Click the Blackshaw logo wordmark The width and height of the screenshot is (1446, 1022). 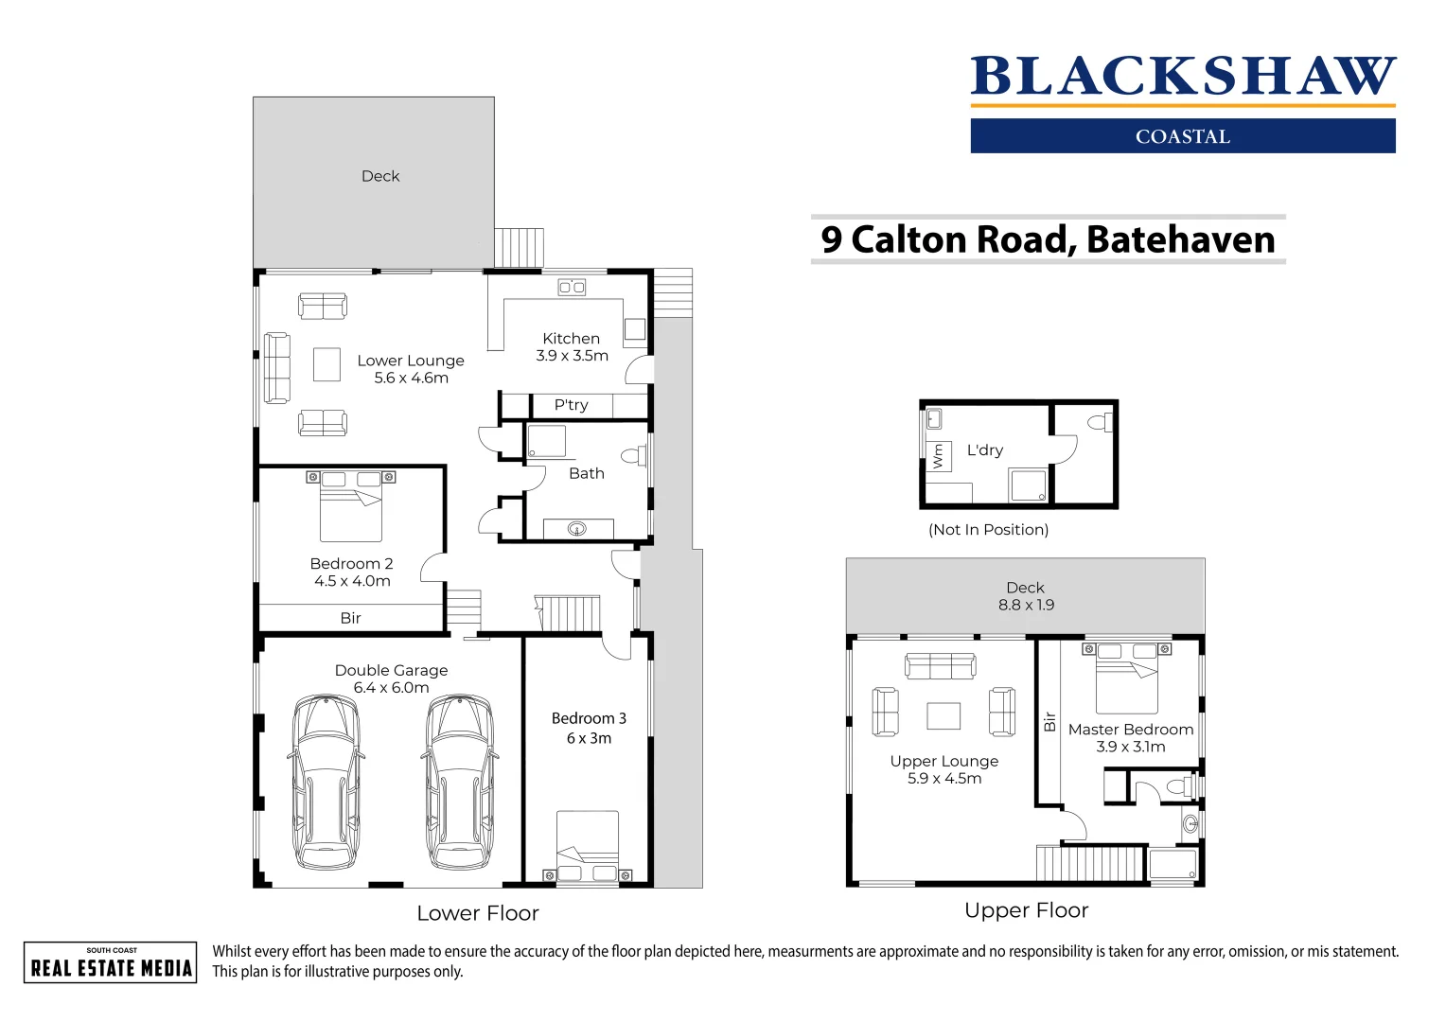1182,77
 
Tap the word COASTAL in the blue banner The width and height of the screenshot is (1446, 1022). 1182,136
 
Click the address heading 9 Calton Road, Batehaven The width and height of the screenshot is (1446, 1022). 1048,239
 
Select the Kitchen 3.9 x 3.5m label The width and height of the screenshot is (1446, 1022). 572,347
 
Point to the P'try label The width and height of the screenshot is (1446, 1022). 572,405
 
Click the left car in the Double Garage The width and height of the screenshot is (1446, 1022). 326,782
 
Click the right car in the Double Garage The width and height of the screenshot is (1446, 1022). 460,782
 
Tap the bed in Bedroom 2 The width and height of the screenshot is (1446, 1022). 351,507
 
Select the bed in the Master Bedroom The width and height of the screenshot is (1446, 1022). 1126,679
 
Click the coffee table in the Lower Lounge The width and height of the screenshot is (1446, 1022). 326,364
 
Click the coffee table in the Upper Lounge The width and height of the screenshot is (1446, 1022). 943,715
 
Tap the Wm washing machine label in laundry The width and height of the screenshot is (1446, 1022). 938,457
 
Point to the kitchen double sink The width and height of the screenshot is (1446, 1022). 572,287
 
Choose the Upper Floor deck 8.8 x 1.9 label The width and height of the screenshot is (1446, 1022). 1026,596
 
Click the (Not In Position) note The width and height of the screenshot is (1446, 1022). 988,530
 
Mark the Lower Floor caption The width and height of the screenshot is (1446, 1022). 478,913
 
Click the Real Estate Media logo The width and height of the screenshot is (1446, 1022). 111,962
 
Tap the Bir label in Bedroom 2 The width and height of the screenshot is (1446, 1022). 350,618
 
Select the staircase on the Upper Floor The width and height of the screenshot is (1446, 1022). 1090,863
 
